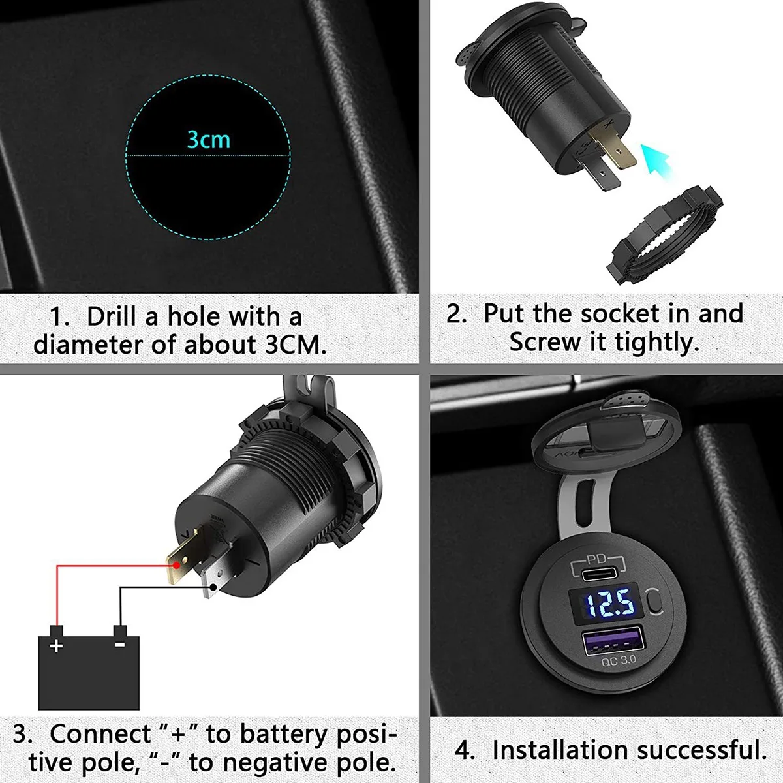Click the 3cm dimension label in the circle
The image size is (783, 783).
(x=209, y=140)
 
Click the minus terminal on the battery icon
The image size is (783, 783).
(x=120, y=643)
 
